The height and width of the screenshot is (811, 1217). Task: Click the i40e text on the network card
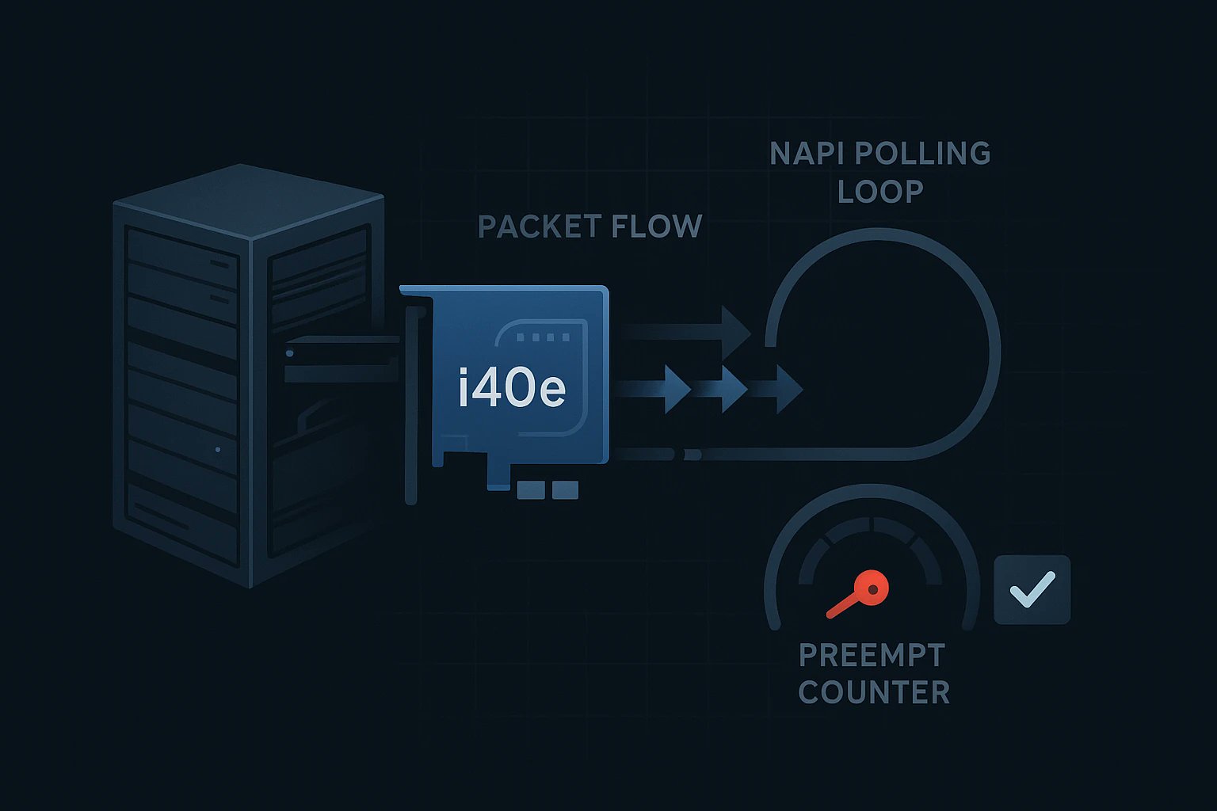coord(512,388)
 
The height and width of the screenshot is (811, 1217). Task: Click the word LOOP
coord(880,192)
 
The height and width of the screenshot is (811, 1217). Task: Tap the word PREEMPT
coord(872,655)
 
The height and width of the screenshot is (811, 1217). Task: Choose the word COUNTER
coord(873,692)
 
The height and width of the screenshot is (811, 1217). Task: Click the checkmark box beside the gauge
coord(1032,589)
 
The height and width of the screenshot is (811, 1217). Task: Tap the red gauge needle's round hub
coord(873,588)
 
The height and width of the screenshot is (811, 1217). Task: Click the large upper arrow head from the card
coord(734,329)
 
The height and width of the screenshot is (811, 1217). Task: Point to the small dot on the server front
coord(218,450)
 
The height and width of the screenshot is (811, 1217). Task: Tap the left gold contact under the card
coord(530,490)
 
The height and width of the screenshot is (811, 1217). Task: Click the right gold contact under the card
coord(565,490)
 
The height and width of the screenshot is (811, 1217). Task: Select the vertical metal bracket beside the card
coord(410,404)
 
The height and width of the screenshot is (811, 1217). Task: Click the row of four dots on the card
coord(543,337)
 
